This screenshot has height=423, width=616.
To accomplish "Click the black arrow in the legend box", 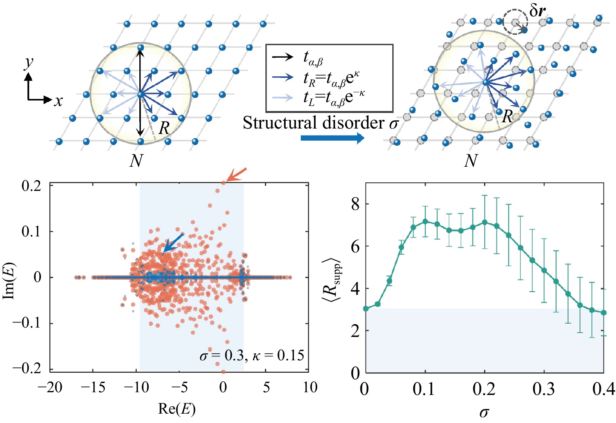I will pos(283,57).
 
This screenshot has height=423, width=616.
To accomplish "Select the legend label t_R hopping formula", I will pos(331,78).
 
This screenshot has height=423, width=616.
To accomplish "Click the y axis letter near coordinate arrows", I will pos(28,62).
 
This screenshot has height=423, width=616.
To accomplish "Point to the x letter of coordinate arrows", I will pos(58,101).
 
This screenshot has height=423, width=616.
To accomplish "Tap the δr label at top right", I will pos(537,11).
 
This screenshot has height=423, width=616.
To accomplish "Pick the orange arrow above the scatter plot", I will pos(236,174).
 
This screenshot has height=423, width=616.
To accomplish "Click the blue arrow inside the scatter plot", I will pos(173,243).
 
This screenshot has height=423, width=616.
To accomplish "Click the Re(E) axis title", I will pos(177,409).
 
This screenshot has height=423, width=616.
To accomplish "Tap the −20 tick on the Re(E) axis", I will pos(50,388).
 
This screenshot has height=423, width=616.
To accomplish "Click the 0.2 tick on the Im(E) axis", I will pos(31,186).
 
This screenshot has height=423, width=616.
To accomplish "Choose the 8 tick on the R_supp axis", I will pos(355,204).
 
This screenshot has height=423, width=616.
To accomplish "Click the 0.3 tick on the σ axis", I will pos(544,389).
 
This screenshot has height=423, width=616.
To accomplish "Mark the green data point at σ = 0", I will pos(366,308).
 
